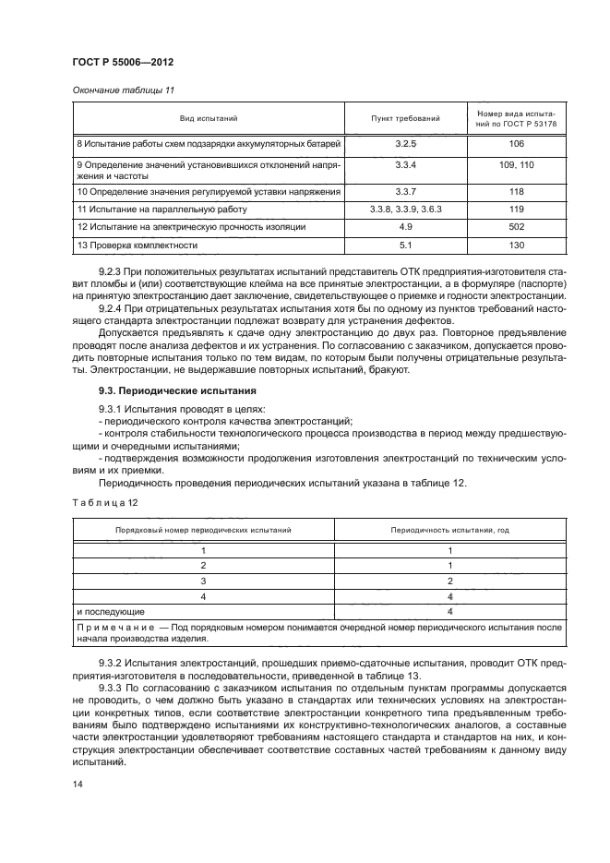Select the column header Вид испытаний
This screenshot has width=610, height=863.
(209, 119)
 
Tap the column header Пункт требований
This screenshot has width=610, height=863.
(405, 119)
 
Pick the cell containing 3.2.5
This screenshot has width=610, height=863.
(405, 145)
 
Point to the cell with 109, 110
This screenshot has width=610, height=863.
(516, 163)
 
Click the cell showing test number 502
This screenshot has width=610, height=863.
(516, 226)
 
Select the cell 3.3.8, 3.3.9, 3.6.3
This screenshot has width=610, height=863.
(405, 209)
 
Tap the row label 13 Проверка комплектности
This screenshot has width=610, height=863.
(138, 245)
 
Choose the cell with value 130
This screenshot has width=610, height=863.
(516, 245)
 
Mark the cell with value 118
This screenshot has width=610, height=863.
(516, 191)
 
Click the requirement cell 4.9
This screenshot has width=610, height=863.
(405, 226)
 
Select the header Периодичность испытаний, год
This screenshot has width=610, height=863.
(449, 530)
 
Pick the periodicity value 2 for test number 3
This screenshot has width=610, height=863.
(449, 581)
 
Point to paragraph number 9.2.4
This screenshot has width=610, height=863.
(112, 306)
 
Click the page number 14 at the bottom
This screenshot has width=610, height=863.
(77, 784)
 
